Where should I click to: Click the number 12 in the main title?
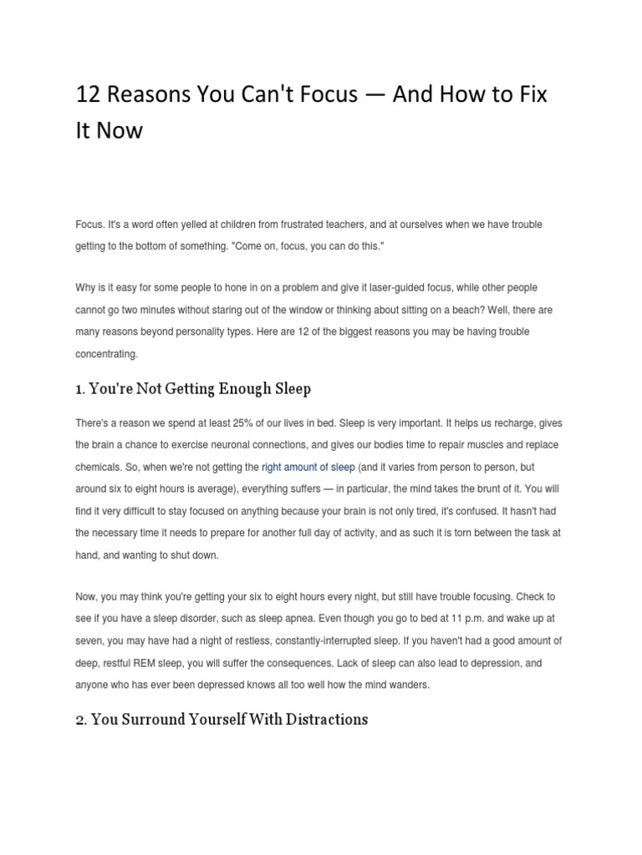click(x=87, y=94)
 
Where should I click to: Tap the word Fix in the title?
click(x=532, y=94)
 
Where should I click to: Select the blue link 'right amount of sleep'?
click(x=308, y=467)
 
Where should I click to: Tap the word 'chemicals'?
click(x=99, y=467)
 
